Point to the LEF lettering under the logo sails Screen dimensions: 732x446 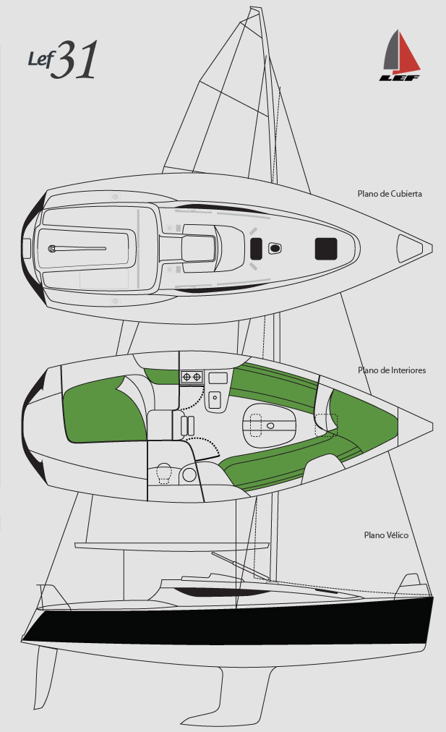[x=400, y=76]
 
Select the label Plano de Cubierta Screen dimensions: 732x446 [x=390, y=194]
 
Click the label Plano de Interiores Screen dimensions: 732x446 [x=392, y=370]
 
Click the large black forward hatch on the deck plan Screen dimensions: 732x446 [x=326, y=248]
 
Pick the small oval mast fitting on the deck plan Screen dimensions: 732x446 [x=275, y=249]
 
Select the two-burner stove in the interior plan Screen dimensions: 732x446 [x=192, y=377]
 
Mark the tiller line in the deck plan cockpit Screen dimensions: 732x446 [x=80, y=249]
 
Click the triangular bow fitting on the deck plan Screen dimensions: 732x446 [x=411, y=248]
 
